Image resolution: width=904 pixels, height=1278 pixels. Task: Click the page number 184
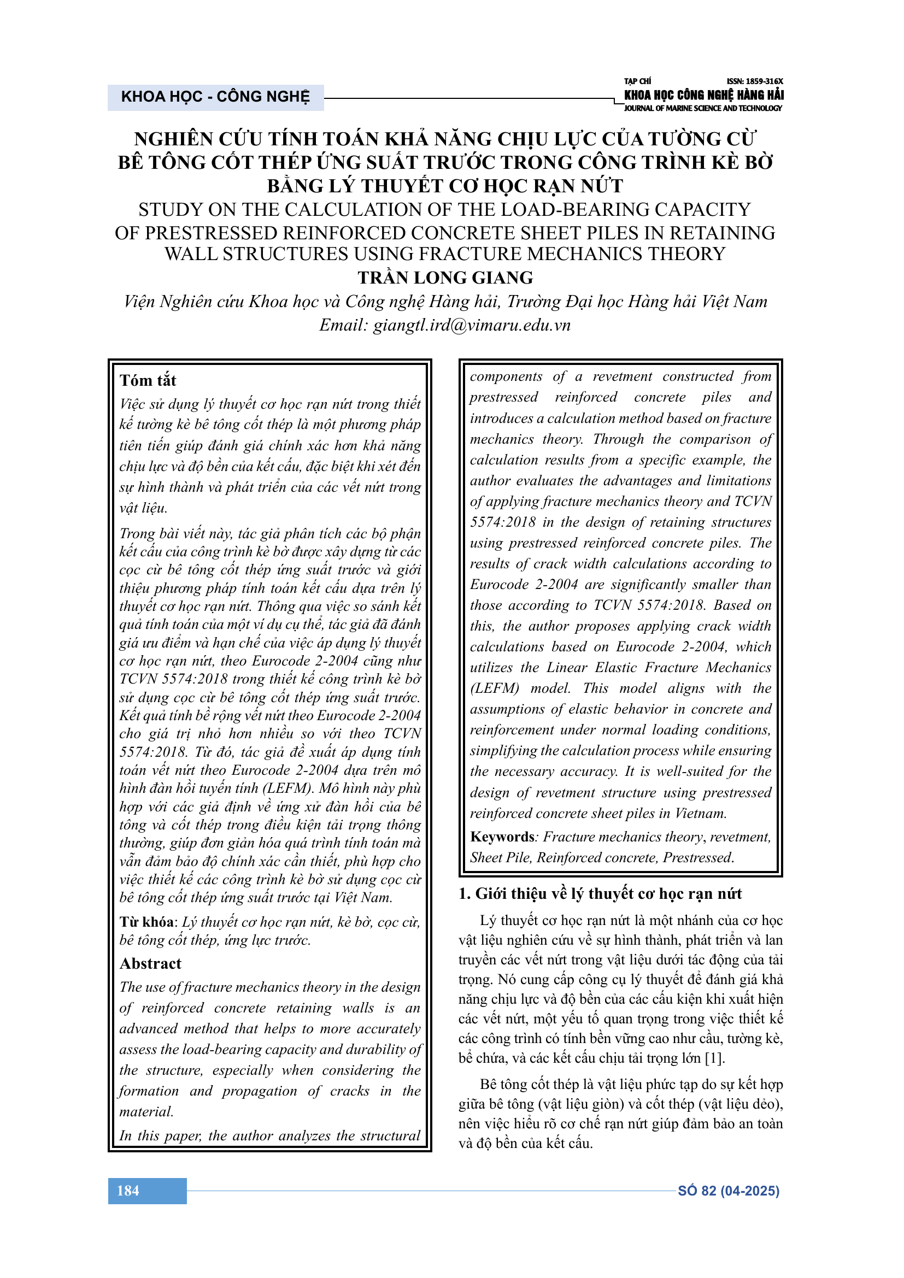click(128, 1191)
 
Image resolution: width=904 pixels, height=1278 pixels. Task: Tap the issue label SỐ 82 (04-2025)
click(728, 1191)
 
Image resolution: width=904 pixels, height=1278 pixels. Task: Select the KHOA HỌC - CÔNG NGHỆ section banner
click(215, 97)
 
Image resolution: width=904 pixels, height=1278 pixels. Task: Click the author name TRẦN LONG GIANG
click(445, 277)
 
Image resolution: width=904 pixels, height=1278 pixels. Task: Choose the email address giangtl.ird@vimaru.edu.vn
click(472, 325)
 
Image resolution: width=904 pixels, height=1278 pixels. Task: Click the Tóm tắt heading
click(148, 380)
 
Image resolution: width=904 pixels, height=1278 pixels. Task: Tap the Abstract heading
click(150, 963)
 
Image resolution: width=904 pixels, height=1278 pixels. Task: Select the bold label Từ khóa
click(146, 922)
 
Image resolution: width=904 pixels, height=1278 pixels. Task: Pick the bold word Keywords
click(502, 837)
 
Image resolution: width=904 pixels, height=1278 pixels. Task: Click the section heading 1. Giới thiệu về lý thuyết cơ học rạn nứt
click(600, 893)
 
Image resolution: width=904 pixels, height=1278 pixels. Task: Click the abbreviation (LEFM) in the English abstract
click(494, 688)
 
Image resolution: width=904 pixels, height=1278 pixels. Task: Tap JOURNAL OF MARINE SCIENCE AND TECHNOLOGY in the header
click(702, 109)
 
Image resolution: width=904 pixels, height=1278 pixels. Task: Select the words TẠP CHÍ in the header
click(637, 81)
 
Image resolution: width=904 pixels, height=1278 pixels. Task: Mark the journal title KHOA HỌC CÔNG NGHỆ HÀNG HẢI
click(703, 95)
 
